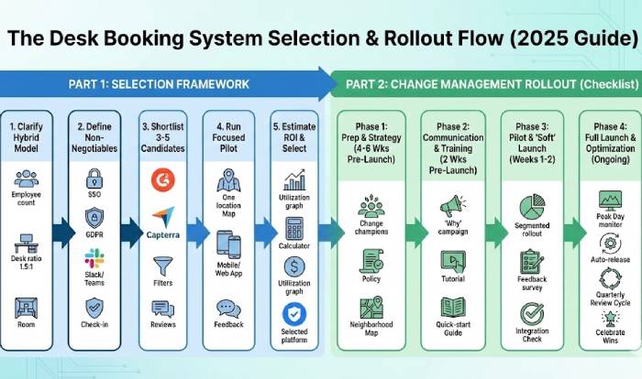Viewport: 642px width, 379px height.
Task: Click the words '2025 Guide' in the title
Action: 582,39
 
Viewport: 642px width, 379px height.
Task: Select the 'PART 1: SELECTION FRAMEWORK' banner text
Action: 158,84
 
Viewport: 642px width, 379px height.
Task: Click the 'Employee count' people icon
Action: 28,179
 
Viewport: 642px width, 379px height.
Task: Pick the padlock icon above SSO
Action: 94,177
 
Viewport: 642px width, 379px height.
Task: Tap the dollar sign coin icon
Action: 295,266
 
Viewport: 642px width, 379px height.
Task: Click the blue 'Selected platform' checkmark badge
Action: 295,312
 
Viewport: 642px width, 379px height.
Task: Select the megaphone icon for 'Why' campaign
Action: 451,206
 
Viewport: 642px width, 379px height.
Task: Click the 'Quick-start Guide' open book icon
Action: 451,308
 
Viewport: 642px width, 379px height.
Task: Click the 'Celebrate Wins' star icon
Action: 609,318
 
